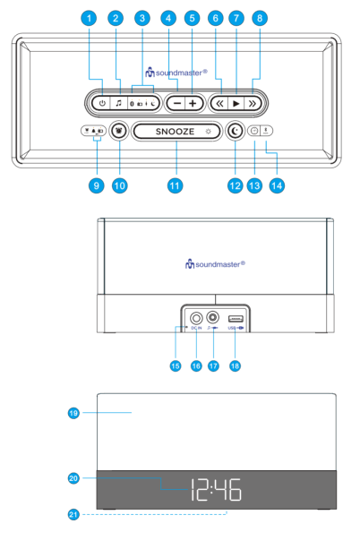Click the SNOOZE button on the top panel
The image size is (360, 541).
[176, 131]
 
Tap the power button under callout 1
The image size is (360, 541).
[102, 103]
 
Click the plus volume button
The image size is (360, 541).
[193, 103]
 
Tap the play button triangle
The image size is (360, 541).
[236, 103]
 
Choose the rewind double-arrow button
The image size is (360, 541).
[218, 103]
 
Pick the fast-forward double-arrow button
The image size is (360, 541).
[253, 103]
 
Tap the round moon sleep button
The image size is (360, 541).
[235, 131]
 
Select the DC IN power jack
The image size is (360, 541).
[196, 317]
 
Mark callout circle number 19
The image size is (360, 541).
[74, 413]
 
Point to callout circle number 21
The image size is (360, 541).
[74, 515]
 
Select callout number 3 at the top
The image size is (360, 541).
[141, 18]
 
